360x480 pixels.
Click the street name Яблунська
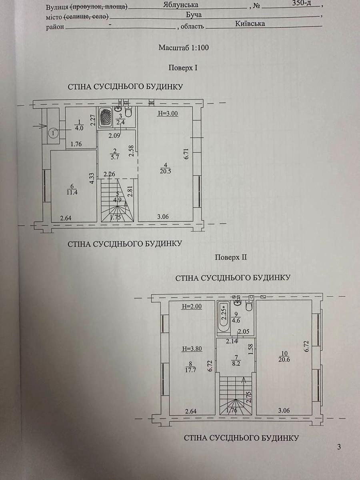[x=180, y=5]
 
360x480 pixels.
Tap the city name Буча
[x=194, y=15]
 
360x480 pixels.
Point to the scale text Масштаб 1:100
[x=184, y=48]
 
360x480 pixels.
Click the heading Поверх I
[x=183, y=68]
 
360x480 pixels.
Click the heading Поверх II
[x=231, y=257]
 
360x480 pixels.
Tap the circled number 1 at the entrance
[x=53, y=132]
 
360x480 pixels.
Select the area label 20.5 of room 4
[x=166, y=172]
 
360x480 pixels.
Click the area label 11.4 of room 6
[x=72, y=193]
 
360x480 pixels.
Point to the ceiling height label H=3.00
[x=168, y=114]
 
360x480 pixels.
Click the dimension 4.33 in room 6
[x=92, y=178]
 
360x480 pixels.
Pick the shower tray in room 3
[x=106, y=118]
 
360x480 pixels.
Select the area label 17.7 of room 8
[x=190, y=370]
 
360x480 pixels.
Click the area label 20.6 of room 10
[x=284, y=359]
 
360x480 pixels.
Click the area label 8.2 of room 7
[x=236, y=364]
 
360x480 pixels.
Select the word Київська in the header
[x=250, y=24]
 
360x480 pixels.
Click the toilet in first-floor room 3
[x=128, y=112]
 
